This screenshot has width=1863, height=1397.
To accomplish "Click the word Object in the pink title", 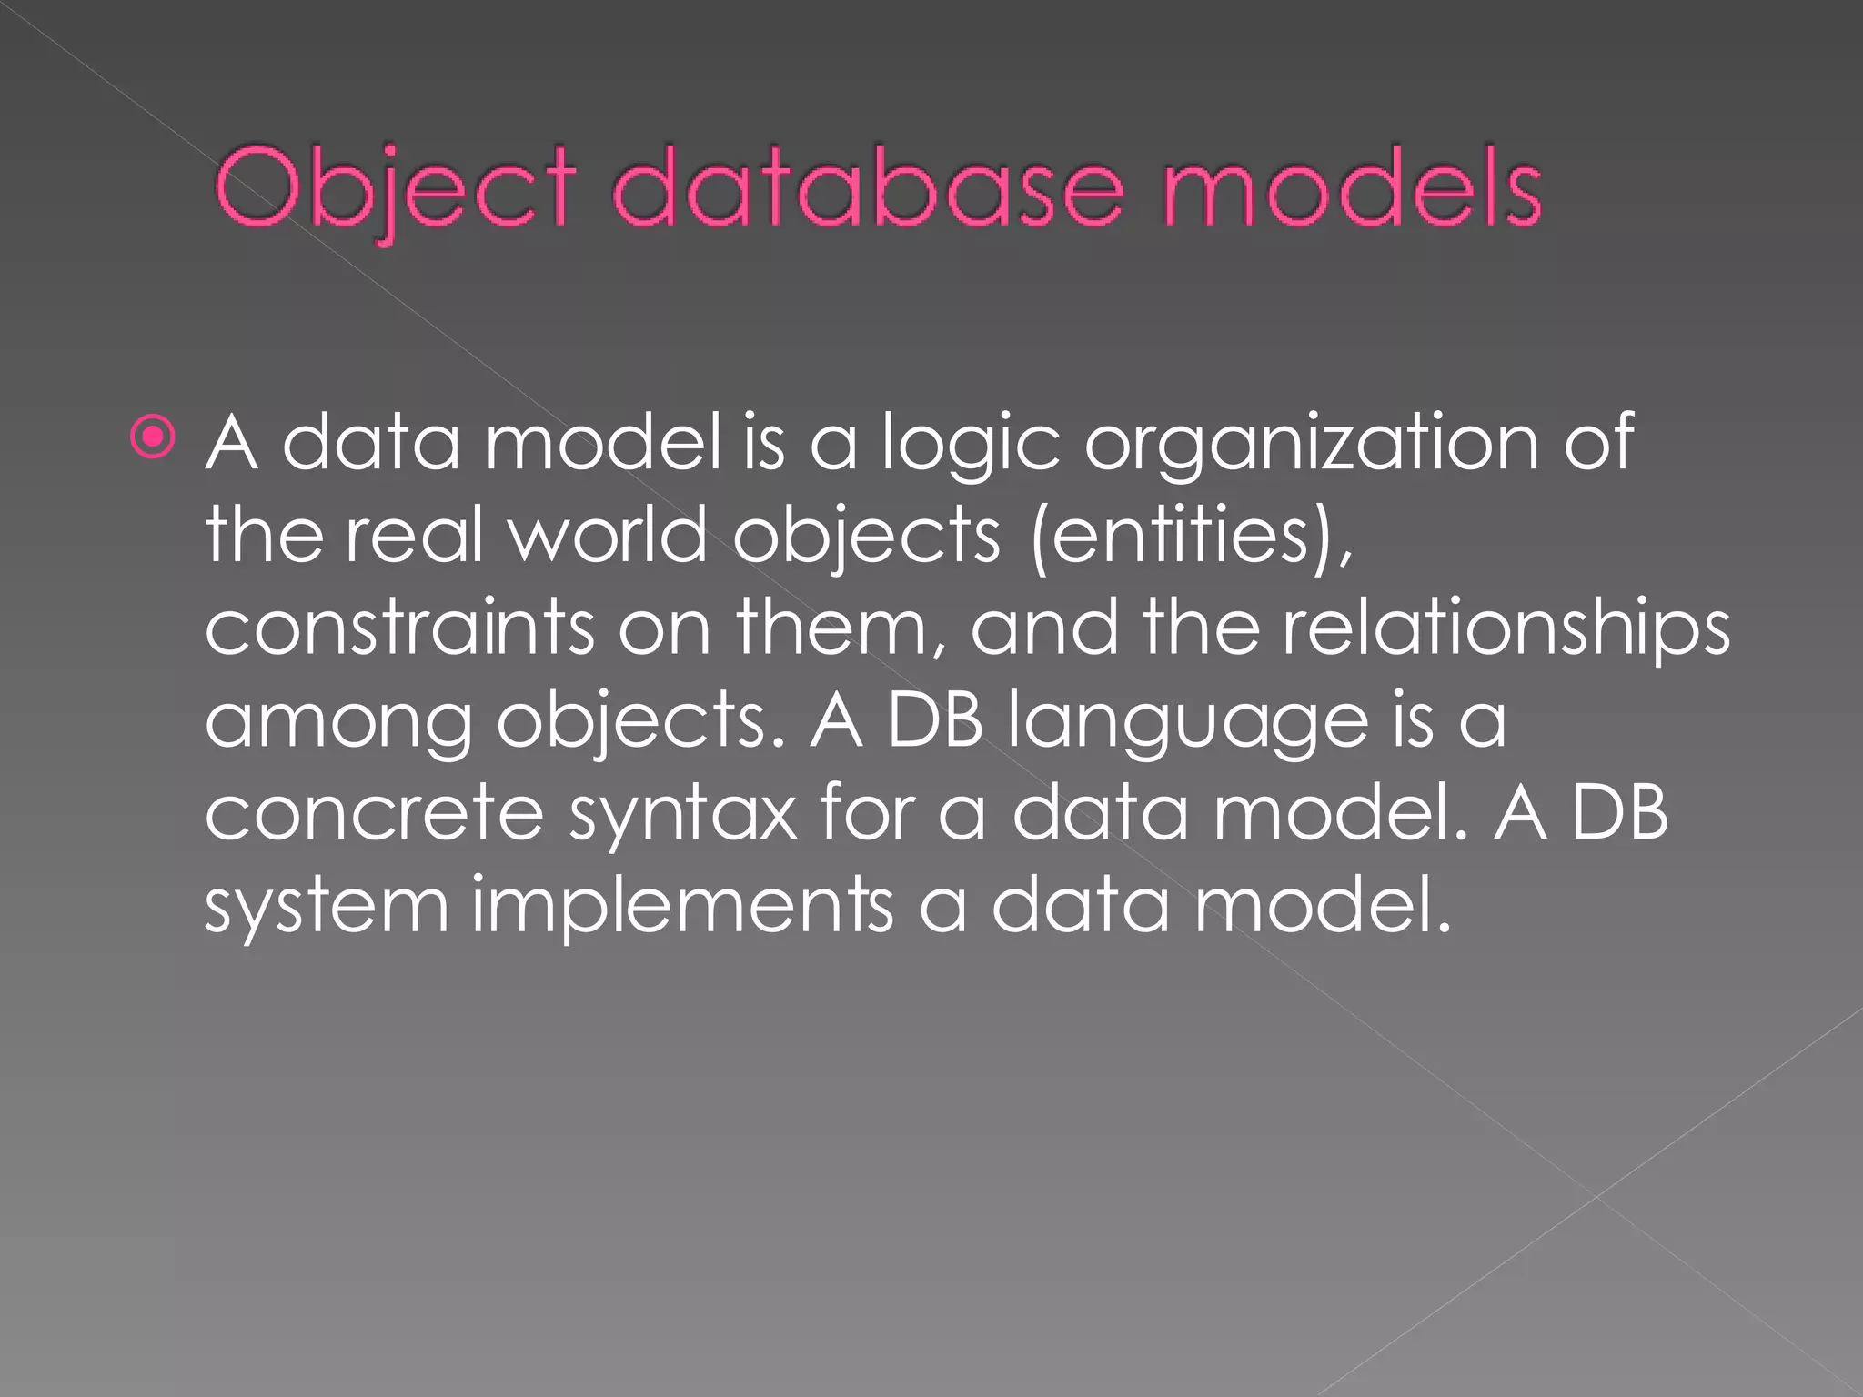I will point(394,189).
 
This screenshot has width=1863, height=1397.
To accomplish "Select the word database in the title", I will point(868,189).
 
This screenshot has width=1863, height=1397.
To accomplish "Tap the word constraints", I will point(398,628).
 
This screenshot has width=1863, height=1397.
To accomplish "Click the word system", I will point(327,907).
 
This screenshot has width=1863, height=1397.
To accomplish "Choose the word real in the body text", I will point(413,534).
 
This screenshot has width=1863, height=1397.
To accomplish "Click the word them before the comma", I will point(829,628).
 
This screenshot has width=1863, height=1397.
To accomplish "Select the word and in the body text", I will point(1044,628).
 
